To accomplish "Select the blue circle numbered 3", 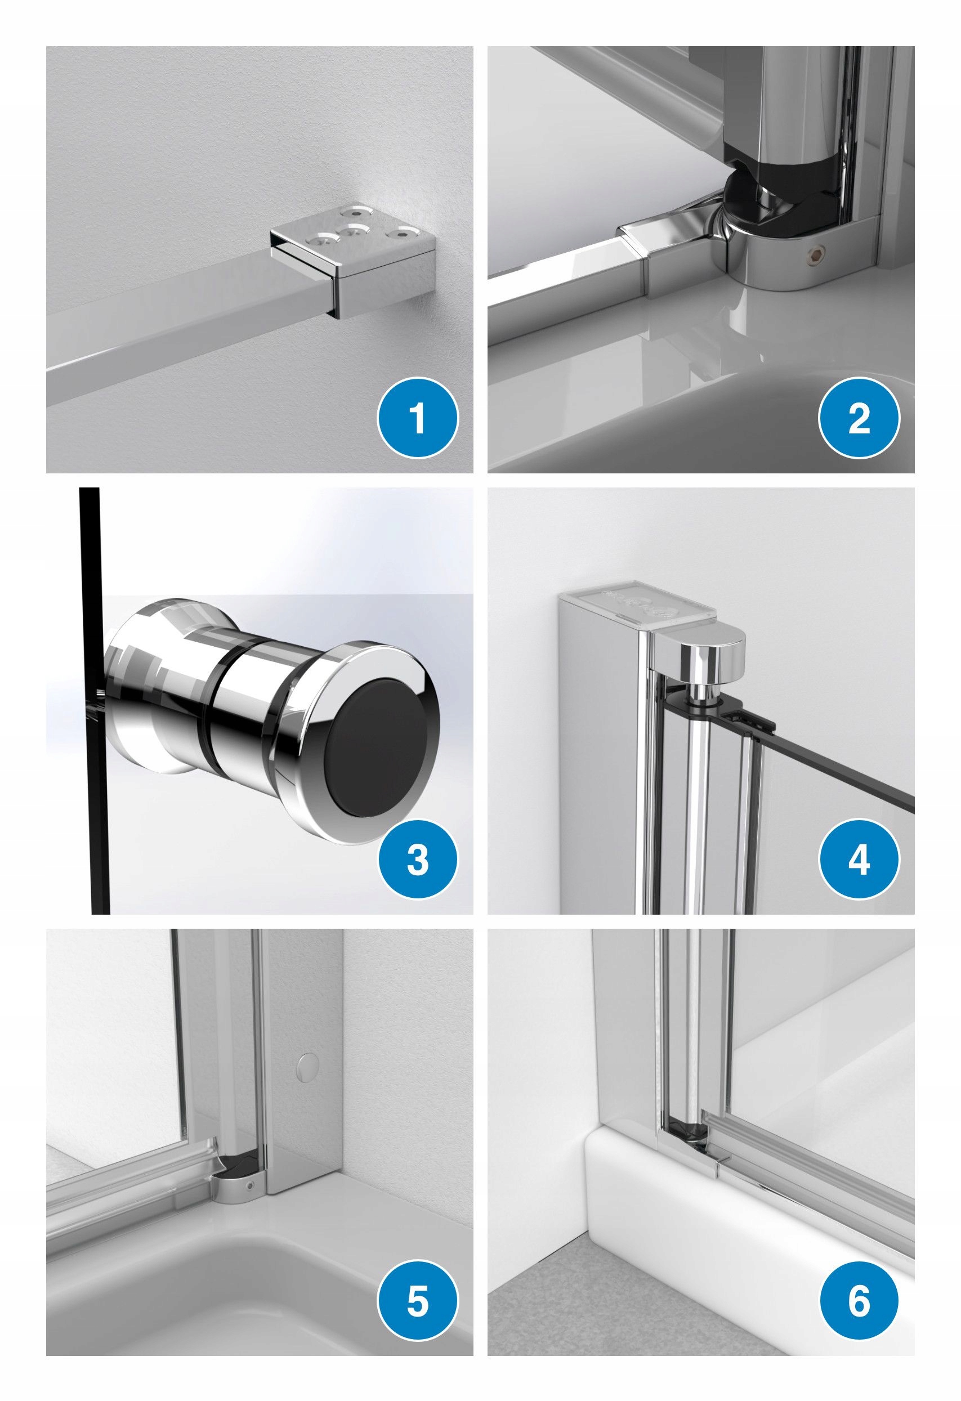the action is click(x=418, y=860).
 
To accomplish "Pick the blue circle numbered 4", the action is click(x=859, y=860).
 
